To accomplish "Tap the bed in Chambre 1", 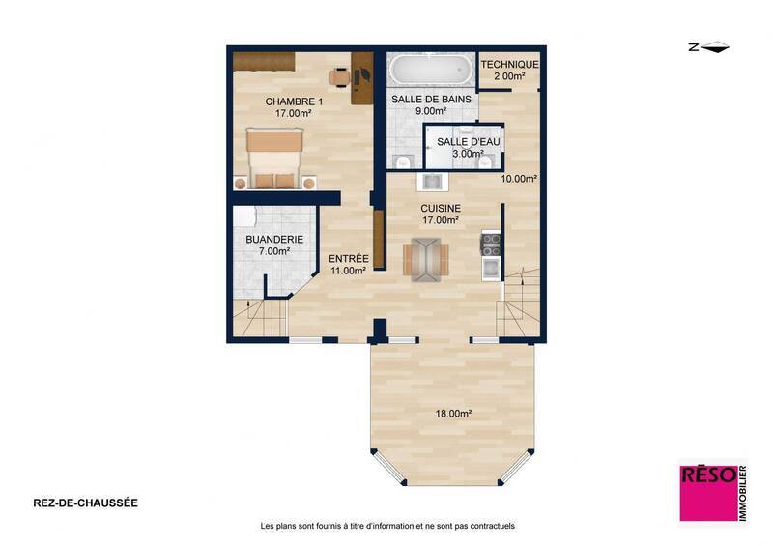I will [x=280, y=158].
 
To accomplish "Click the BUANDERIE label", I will [x=274, y=239].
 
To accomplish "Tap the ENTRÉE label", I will [x=347, y=258].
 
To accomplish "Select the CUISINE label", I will [x=440, y=208].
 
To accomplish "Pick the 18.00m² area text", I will [x=452, y=413].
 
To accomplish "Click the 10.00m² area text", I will [x=518, y=179].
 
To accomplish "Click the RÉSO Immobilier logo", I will [x=712, y=496].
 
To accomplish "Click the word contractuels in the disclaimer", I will [x=490, y=526].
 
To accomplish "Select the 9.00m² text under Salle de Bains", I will [x=431, y=111].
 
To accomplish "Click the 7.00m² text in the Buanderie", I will [x=274, y=251].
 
